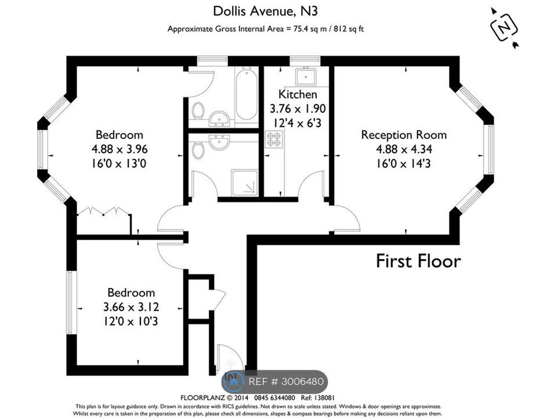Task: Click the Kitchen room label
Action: [298, 94]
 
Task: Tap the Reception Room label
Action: [404, 135]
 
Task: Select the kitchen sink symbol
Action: [306, 76]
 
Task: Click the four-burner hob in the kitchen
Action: [274, 139]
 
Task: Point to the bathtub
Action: [246, 94]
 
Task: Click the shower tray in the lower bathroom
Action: [245, 183]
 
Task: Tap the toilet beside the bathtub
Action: [197, 110]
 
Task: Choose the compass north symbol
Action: [504, 27]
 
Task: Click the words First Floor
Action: [418, 261]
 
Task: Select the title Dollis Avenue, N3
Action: [265, 11]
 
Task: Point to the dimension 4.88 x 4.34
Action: [404, 149]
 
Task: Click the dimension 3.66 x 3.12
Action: [131, 307]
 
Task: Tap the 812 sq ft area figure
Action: [349, 29]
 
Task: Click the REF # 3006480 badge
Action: [274, 382]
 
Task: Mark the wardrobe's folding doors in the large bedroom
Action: [103, 211]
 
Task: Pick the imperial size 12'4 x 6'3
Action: [298, 123]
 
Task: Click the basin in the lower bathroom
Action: [219, 141]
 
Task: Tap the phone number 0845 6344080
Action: [273, 398]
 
